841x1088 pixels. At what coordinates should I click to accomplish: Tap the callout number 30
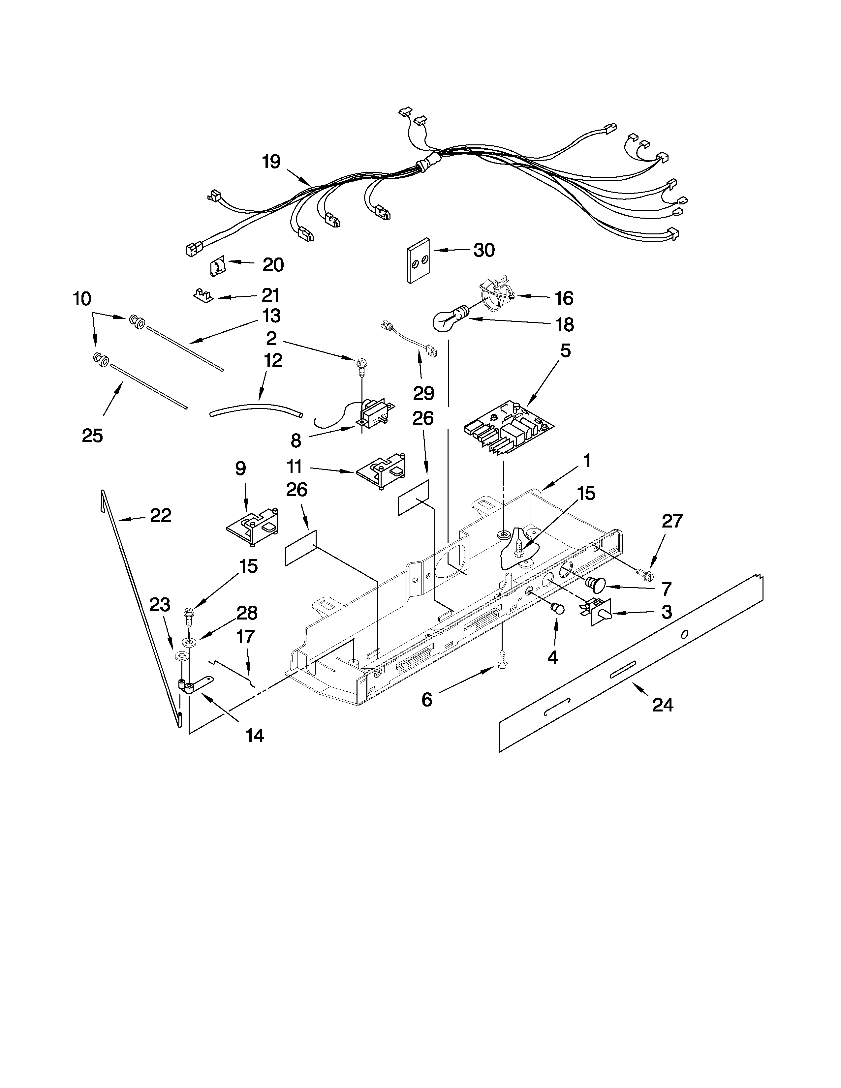pyautogui.click(x=484, y=250)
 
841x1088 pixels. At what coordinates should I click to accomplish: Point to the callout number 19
pyautogui.click(x=271, y=162)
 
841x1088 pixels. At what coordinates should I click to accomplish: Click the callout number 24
pyautogui.click(x=662, y=705)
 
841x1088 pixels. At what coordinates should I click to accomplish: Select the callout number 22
pyautogui.click(x=160, y=515)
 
